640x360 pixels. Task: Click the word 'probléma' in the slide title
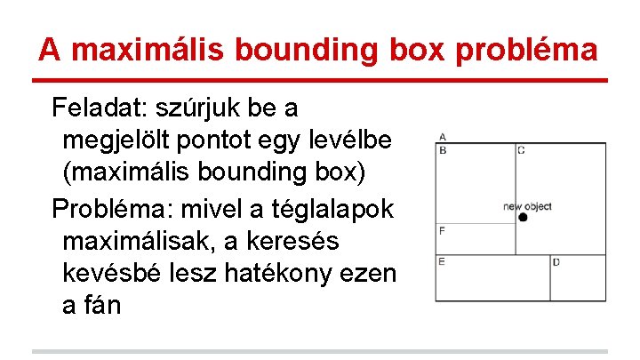tap(526, 49)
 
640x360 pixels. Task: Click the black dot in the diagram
tap(523, 218)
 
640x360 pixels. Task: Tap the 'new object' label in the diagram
tap(527, 206)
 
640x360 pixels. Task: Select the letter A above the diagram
tap(442, 137)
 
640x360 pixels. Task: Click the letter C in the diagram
tap(521, 150)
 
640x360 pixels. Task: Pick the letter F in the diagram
tap(442, 231)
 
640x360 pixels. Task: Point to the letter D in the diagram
tap(556, 262)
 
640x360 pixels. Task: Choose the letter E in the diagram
tap(442, 261)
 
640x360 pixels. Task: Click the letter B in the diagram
tap(442, 150)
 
